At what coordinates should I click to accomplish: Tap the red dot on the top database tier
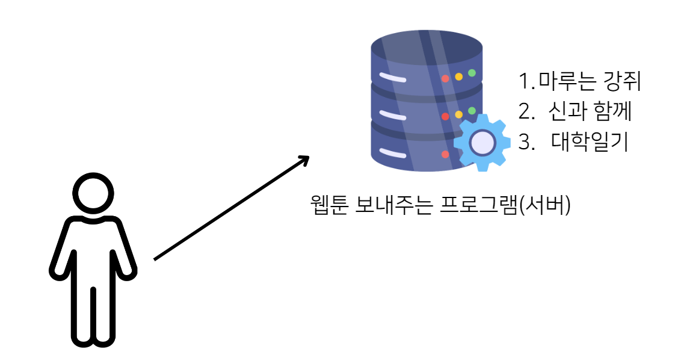[x=445, y=79]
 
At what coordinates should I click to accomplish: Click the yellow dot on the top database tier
[x=458, y=76]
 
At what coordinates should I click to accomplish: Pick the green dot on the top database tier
[x=472, y=73]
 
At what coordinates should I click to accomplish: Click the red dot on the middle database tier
[x=445, y=117]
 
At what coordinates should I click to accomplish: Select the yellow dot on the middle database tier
[x=458, y=114]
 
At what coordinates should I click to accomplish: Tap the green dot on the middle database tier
[x=472, y=111]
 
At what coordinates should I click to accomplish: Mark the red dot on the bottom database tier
[x=445, y=154]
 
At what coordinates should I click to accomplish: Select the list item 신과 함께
[x=590, y=112]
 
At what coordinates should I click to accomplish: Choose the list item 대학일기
[x=590, y=143]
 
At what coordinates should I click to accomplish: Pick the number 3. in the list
[x=526, y=143]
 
